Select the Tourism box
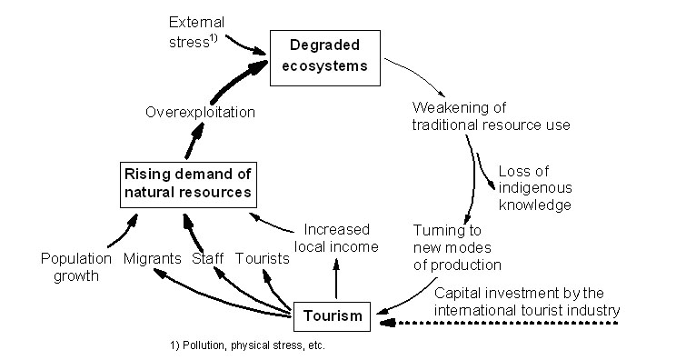coord(332,316)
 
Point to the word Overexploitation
coord(200,112)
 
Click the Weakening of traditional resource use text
coord(491,115)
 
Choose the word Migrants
coord(153,259)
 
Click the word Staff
coord(207,259)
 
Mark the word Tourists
coord(263,259)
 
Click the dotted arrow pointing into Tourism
coord(500,321)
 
